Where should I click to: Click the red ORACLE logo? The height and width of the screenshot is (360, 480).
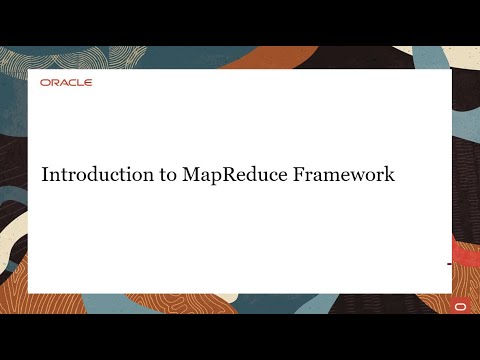pyautogui.click(x=66, y=83)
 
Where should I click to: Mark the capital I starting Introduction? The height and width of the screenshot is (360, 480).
pyautogui.click(x=44, y=174)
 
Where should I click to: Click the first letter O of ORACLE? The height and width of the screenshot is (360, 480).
pyautogui.click(x=45, y=83)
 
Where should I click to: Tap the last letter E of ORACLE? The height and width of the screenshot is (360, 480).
pyautogui.click(x=88, y=83)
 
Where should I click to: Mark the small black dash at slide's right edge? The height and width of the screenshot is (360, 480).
pyautogui.click(x=449, y=263)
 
